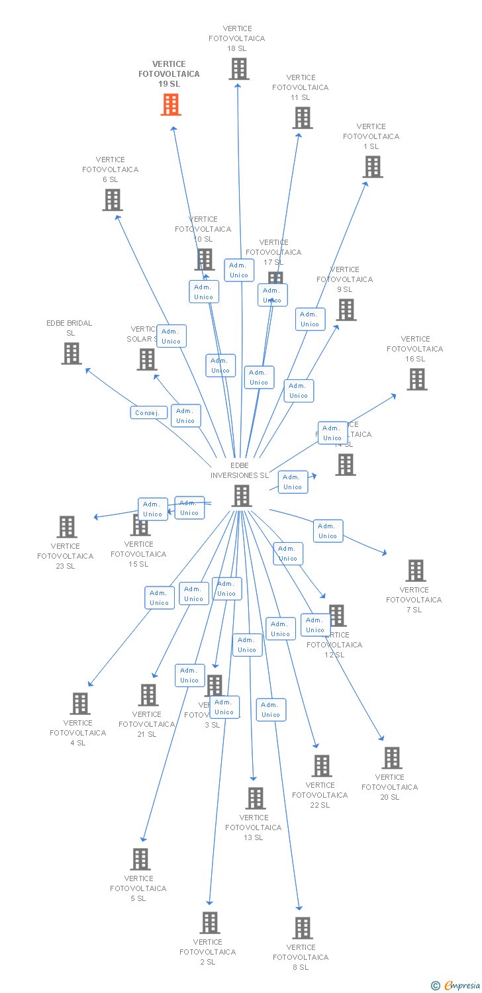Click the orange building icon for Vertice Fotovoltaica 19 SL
click(171, 105)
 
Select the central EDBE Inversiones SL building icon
click(242, 496)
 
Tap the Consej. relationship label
click(148, 412)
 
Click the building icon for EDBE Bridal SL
click(72, 354)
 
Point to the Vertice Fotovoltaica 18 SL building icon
click(239, 69)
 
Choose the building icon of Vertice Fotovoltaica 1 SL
click(373, 167)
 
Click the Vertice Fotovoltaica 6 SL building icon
click(113, 200)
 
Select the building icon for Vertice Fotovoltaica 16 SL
click(417, 379)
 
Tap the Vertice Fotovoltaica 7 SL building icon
click(416, 571)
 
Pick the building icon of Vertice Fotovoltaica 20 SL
click(392, 758)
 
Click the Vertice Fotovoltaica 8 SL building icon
click(303, 928)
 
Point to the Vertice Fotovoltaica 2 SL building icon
click(210, 923)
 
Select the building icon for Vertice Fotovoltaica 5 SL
click(140, 859)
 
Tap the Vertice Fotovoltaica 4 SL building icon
click(80, 704)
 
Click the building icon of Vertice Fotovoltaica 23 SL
click(67, 527)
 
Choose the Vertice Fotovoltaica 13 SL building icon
click(256, 798)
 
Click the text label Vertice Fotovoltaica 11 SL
click(301, 87)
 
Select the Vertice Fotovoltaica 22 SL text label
click(320, 795)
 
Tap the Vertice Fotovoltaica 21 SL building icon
click(148, 695)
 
